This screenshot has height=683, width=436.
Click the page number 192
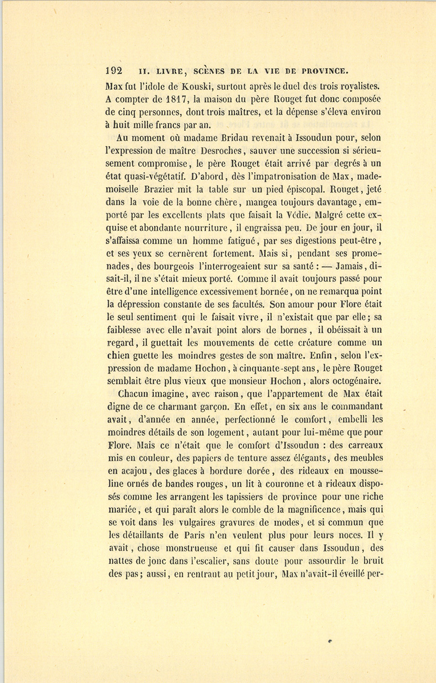(114, 70)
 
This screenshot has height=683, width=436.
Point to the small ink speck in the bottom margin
(329, 640)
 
